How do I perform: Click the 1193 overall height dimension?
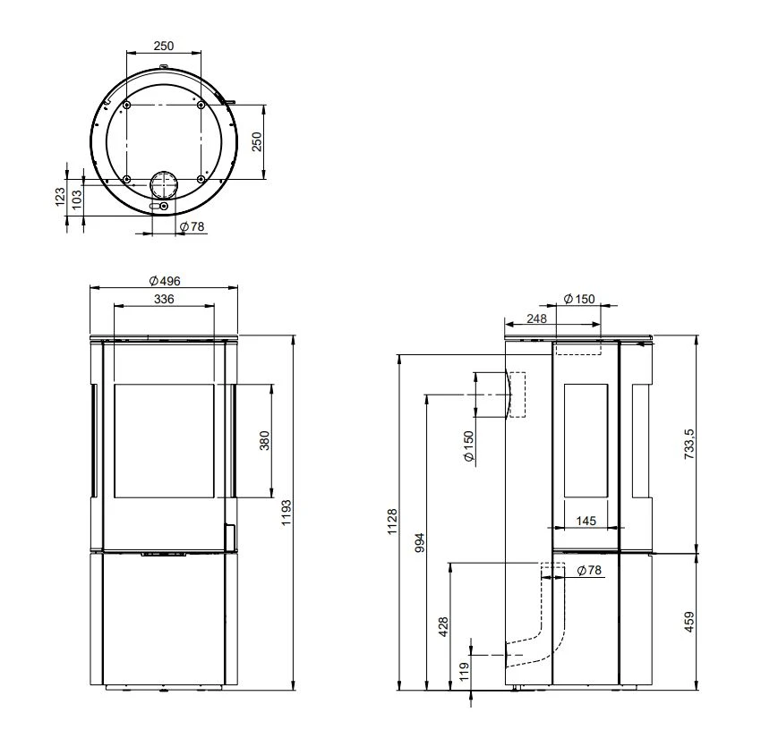point(286,513)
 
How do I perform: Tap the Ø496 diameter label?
point(165,280)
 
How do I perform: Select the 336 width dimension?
point(164,299)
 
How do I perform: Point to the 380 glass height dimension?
point(264,440)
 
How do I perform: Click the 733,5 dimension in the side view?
point(689,444)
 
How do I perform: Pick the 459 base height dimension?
point(688,622)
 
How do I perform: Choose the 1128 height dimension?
point(392,522)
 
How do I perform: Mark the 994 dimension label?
point(419,542)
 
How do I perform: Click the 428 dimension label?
point(442,627)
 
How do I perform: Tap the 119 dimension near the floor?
point(464,672)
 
